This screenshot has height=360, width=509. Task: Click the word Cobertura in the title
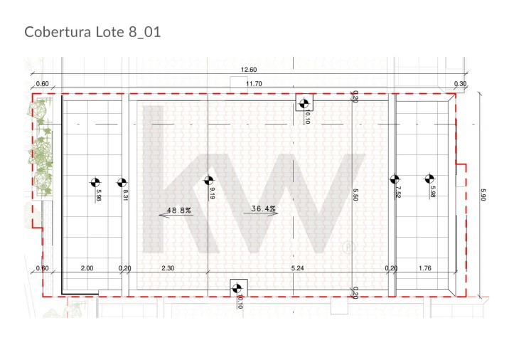58,32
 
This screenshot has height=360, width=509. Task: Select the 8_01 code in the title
145,33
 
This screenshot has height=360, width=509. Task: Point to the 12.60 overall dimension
249,70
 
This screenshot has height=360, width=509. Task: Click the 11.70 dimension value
254,83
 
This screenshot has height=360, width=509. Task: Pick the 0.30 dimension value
460,83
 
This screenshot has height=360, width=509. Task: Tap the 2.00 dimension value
87,268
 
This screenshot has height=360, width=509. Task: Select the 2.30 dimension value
168,268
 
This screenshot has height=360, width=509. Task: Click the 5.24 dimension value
297,268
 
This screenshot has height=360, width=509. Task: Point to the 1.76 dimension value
425,268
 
